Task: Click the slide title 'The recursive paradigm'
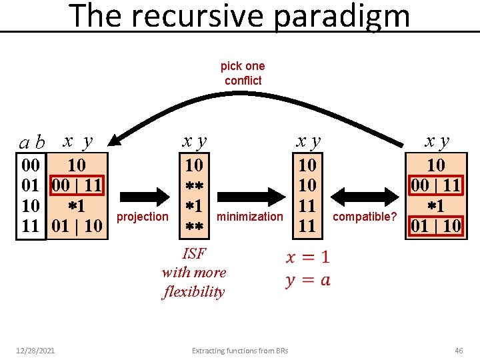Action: (240, 16)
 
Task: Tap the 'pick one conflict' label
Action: (243, 73)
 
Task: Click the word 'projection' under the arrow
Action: (143, 217)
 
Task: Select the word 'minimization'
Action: (250, 217)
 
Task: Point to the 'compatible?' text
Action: (364, 217)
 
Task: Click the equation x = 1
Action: (307, 257)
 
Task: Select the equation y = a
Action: (307, 280)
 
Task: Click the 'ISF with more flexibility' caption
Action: (194, 273)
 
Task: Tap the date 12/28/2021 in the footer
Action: (37, 351)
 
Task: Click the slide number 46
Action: (459, 351)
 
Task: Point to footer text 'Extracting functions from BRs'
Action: (240, 351)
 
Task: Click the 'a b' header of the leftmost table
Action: (32, 142)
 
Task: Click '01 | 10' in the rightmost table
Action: (435, 226)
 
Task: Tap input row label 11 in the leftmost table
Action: (31, 226)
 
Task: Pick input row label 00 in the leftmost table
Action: (31, 165)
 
